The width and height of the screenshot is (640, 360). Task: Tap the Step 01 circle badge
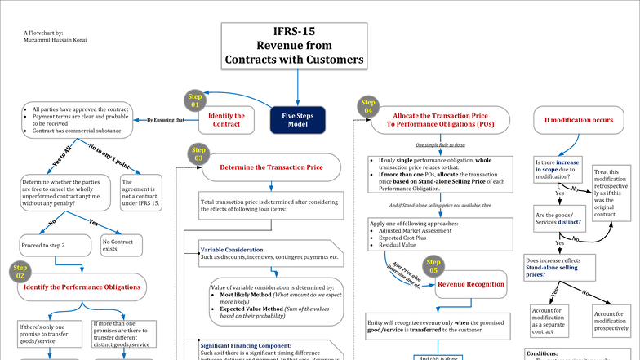pyautogui.click(x=194, y=100)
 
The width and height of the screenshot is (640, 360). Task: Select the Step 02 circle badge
pyautogui.click(x=20, y=272)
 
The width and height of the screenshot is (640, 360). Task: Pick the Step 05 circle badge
pyautogui.click(x=432, y=264)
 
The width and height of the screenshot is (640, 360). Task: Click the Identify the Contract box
pyautogui.click(x=227, y=120)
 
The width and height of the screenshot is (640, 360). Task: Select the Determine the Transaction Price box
pyautogui.click(x=269, y=167)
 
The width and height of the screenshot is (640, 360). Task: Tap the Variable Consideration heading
pyautogui.click(x=232, y=249)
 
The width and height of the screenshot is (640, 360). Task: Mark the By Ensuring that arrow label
pyautogui.click(x=165, y=120)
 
